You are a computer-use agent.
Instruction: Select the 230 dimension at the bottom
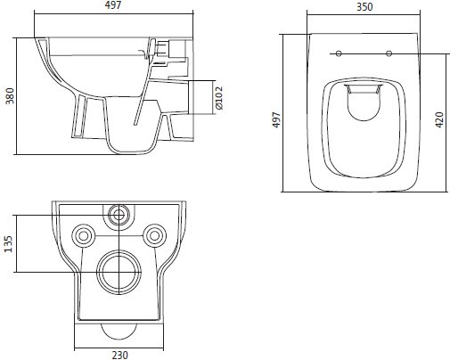[119, 354]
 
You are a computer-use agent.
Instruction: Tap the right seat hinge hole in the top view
[390, 53]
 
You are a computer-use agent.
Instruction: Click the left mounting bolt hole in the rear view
[84, 236]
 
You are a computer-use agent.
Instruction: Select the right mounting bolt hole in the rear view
[154, 236]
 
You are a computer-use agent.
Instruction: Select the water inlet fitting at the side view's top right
[165, 51]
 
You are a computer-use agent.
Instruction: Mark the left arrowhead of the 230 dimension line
[76, 344]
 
